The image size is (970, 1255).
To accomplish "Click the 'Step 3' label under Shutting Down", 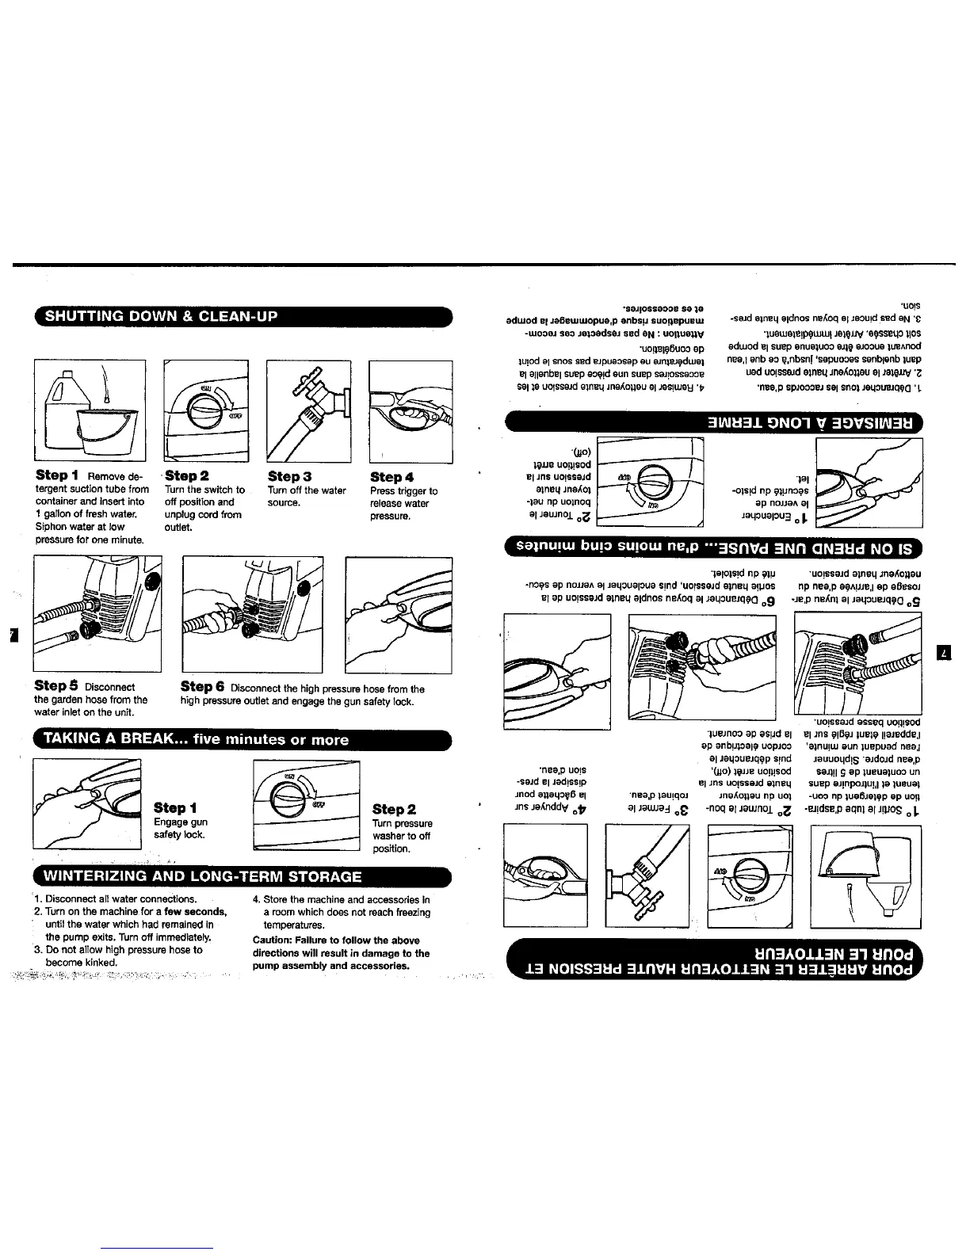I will [x=289, y=477].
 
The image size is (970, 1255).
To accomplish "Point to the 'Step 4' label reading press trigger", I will [x=392, y=477].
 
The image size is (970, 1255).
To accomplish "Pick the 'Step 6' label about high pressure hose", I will [x=204, y=687].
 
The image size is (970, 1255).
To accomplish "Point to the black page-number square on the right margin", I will [x=944, y=653].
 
